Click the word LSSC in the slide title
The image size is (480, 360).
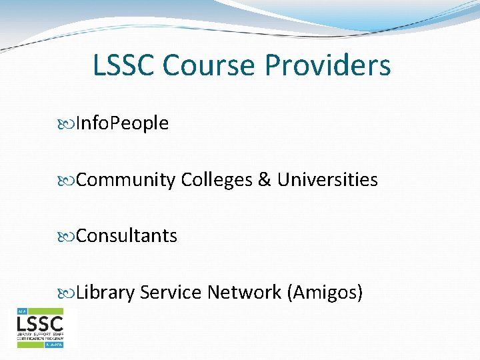tap(124, 66)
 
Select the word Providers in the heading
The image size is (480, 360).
tap(328, 66)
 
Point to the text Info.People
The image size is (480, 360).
tap(123, 123)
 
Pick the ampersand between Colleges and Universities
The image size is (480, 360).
tap(265, 180)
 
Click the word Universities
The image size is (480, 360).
tap(327, 180)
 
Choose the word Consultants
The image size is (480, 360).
tap(127, 236)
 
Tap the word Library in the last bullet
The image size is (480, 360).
tap(106, 293)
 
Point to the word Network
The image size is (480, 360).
tap(244, 292)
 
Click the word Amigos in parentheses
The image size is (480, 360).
tap(324, 293)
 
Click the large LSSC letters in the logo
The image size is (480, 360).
tap(40, 325)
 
